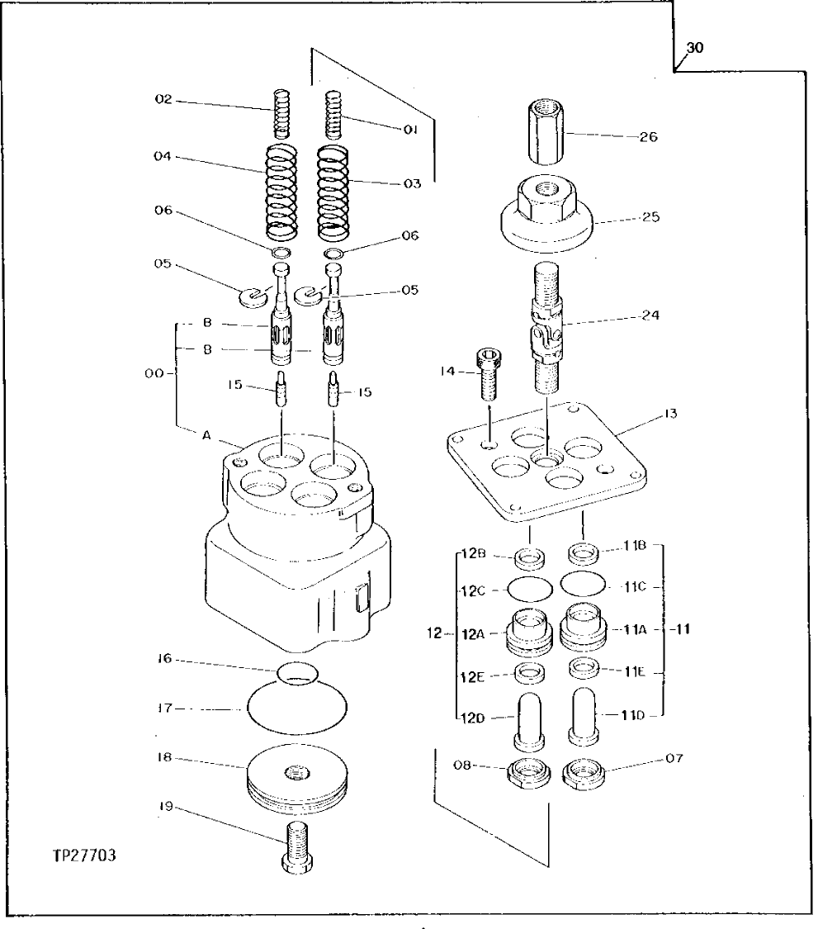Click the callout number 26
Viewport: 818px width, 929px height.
(x=649, y=137)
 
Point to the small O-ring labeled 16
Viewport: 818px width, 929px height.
(x=296, y=673)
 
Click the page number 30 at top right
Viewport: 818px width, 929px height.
(x=695, y=48)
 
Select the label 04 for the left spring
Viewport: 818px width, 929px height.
(x=161, y=154)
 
